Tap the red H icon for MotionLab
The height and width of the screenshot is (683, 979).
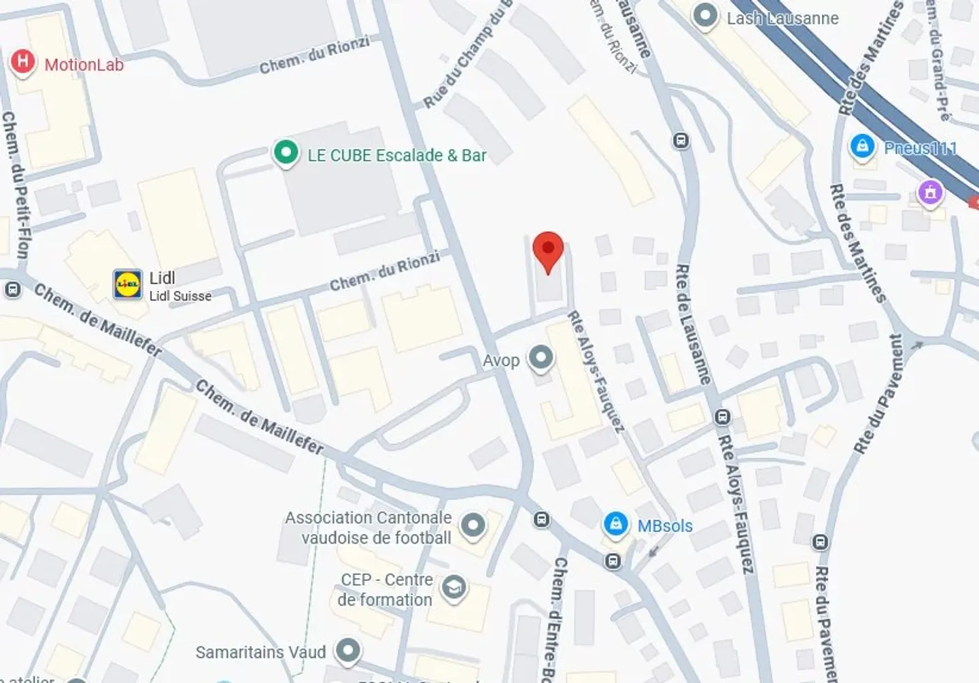(x=22, y=62)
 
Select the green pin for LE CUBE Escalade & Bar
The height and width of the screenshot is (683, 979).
(x=286, y=152)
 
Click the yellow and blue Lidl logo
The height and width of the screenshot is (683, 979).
(x=128, y=284)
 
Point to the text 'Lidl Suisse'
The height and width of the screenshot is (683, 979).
(x=180, y=297)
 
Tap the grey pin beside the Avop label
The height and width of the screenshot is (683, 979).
(x=541, y=357)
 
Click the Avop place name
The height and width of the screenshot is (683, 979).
(x=501, y=361)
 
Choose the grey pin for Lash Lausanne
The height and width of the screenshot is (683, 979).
(x=705, y=15)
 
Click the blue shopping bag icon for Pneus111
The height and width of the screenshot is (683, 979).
(x=862, y=146)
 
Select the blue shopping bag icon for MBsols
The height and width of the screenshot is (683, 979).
(x=615, y=524)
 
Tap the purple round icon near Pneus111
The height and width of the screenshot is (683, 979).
(x=930, y=193)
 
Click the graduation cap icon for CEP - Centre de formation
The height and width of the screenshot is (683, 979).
(x=453, y=587)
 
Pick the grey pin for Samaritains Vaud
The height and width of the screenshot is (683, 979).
(x=348, y=650)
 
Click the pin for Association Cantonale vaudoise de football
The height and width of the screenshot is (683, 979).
(x=473, y=525)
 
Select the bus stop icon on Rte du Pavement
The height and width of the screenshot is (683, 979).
(x=821, y=542)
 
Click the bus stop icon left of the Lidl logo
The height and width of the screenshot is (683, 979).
(x=12, y=290)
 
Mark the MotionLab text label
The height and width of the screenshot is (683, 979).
(x=84, y=65)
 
